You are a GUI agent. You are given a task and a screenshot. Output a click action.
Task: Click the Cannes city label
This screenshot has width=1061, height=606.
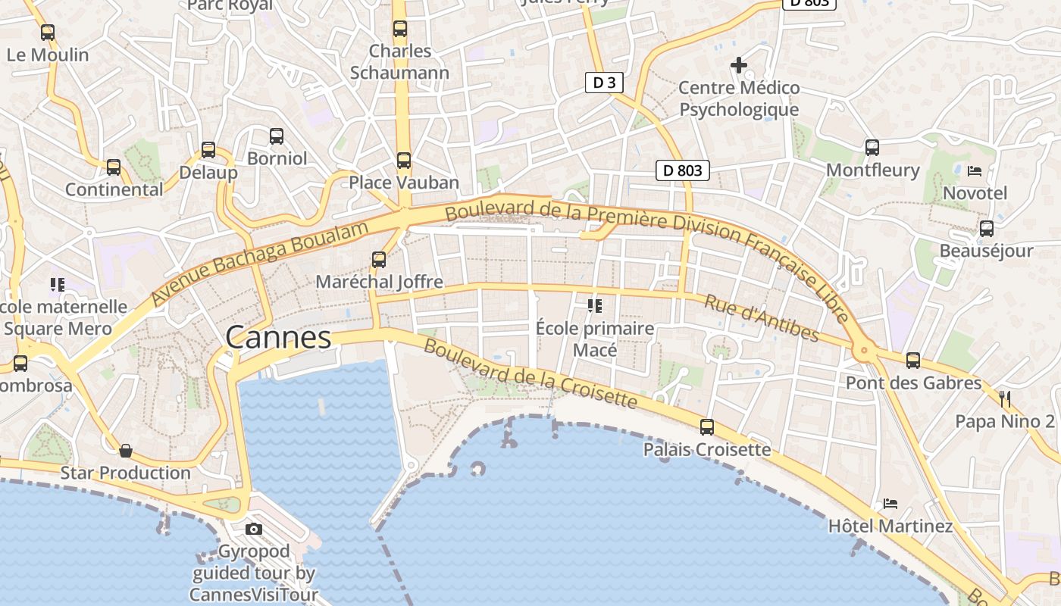tap(278, 338)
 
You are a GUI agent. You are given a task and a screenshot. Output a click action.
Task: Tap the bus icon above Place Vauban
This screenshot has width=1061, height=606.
tap(403, 161)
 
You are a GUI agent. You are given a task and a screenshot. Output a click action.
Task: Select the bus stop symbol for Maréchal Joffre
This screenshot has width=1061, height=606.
tap(379, 260)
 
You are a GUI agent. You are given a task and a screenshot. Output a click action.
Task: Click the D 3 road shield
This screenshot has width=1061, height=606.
tap(604, 83)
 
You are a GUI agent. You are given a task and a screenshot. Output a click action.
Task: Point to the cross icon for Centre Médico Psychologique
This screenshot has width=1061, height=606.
tap(739, 65)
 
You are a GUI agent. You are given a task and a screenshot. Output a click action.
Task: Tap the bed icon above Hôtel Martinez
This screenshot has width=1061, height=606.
tap(890, 503)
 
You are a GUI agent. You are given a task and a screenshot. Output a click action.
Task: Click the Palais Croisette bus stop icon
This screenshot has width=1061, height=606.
tap(707, 427)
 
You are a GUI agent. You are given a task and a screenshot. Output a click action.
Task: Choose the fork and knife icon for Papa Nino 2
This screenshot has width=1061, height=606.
tap(1005, 398)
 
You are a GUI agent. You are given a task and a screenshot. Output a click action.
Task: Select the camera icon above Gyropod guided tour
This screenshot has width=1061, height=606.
tap(254, 529)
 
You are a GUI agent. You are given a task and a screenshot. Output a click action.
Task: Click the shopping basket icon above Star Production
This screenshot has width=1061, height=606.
tap(126, 451)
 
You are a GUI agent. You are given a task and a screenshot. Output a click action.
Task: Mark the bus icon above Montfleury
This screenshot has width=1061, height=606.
tap(872, 147)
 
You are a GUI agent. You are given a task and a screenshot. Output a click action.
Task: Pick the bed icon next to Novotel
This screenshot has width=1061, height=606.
tap(975, 170)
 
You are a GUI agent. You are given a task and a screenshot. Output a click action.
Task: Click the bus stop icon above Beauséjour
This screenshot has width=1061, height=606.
tap(986, 228)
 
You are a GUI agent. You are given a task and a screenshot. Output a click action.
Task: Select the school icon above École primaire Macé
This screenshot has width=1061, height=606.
tap(595, 306)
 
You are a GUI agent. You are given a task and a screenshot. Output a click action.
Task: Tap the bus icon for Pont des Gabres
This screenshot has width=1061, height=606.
tap(913, 361)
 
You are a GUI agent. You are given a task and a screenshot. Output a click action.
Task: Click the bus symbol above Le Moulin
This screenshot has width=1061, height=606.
tap(48, 33)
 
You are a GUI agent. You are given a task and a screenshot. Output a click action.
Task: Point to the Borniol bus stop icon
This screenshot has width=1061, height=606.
tap(277, 136)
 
